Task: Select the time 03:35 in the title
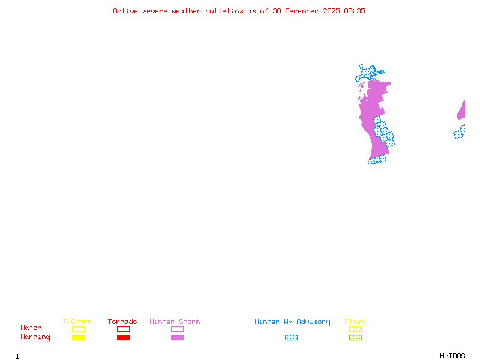coord(355,11)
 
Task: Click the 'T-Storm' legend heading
coord(77,322)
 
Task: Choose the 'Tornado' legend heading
coord(122,322)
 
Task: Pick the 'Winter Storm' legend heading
coord(175,322)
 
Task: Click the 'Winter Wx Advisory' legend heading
coord(292,322)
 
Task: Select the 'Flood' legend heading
coord(355,322)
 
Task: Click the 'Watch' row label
coord(31,328)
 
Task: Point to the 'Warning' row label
coord(35,337)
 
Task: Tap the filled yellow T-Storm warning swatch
coord(78,337)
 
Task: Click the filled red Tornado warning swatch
coord(123,337)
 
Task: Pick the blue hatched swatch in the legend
coord(291,337)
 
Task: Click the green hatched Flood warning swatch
coord(355,337)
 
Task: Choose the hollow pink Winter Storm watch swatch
coord(177,329)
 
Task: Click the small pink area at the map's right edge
coord(461,112)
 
